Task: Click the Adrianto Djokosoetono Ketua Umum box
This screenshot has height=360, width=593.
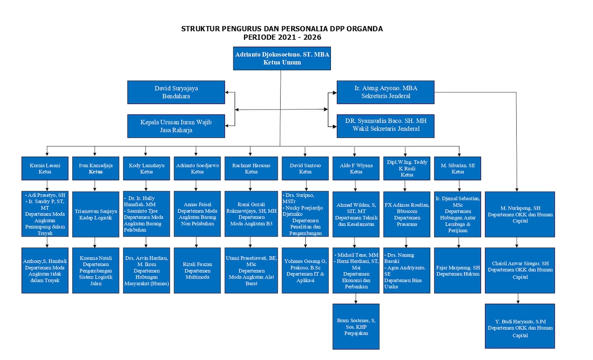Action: [282, 59]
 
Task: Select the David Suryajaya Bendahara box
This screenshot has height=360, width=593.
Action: [176, 92]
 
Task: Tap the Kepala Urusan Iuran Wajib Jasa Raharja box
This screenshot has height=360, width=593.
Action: [176, 126]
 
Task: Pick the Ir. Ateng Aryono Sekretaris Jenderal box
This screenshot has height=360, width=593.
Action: [385, 92]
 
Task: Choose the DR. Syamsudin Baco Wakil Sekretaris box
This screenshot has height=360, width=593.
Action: [385, 126]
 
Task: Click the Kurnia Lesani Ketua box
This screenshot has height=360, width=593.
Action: [45, 168]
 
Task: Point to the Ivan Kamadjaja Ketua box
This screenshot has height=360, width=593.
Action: [96, 168]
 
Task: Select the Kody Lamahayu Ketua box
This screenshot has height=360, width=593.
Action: [146, 168]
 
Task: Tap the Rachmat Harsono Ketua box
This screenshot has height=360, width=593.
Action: [251, 168]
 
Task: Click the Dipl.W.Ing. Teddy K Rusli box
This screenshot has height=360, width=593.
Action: [407, 168]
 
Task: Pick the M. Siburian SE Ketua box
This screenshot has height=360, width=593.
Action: [457, 168]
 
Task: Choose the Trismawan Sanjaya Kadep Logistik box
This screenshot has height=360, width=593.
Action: [96, 214]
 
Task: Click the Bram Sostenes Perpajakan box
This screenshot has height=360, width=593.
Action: [356, 326]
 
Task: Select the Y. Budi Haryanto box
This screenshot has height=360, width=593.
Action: [520, 326]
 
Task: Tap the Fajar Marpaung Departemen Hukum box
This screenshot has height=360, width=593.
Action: [457, 271]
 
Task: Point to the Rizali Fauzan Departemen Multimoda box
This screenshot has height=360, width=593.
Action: [197, 271]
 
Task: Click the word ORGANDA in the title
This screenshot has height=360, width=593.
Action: [365, 29]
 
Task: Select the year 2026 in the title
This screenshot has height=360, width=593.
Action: [312, 37]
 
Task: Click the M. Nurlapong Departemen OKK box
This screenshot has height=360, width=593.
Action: [520, 214]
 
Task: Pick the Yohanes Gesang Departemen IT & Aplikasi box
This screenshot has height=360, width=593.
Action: [305, 271]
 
